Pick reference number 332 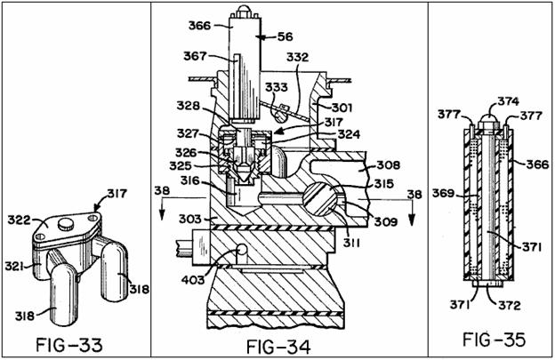tap(298, 57)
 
